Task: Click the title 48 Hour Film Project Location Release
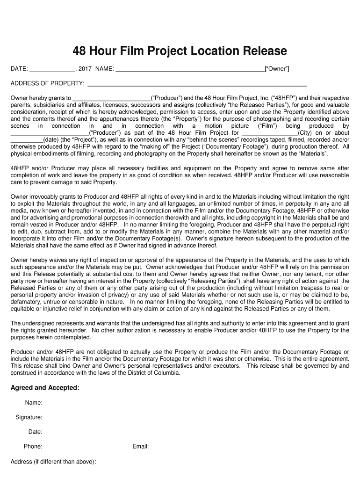click(x=180, y=51)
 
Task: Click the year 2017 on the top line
click(x=85, y=69)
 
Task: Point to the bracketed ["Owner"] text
click(x=277, y=69)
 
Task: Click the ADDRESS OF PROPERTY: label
click(x=48, y=84)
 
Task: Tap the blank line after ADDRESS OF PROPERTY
click(x=197, y=85)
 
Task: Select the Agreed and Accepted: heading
click(x=45, y=388)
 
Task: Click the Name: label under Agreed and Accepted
click(x=34, y=403)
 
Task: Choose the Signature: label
click(x=29, y=417)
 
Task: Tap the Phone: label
click(x=33, y=446)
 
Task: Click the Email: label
click(x=140, y=446)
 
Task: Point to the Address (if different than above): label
click(x=53, y=462)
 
